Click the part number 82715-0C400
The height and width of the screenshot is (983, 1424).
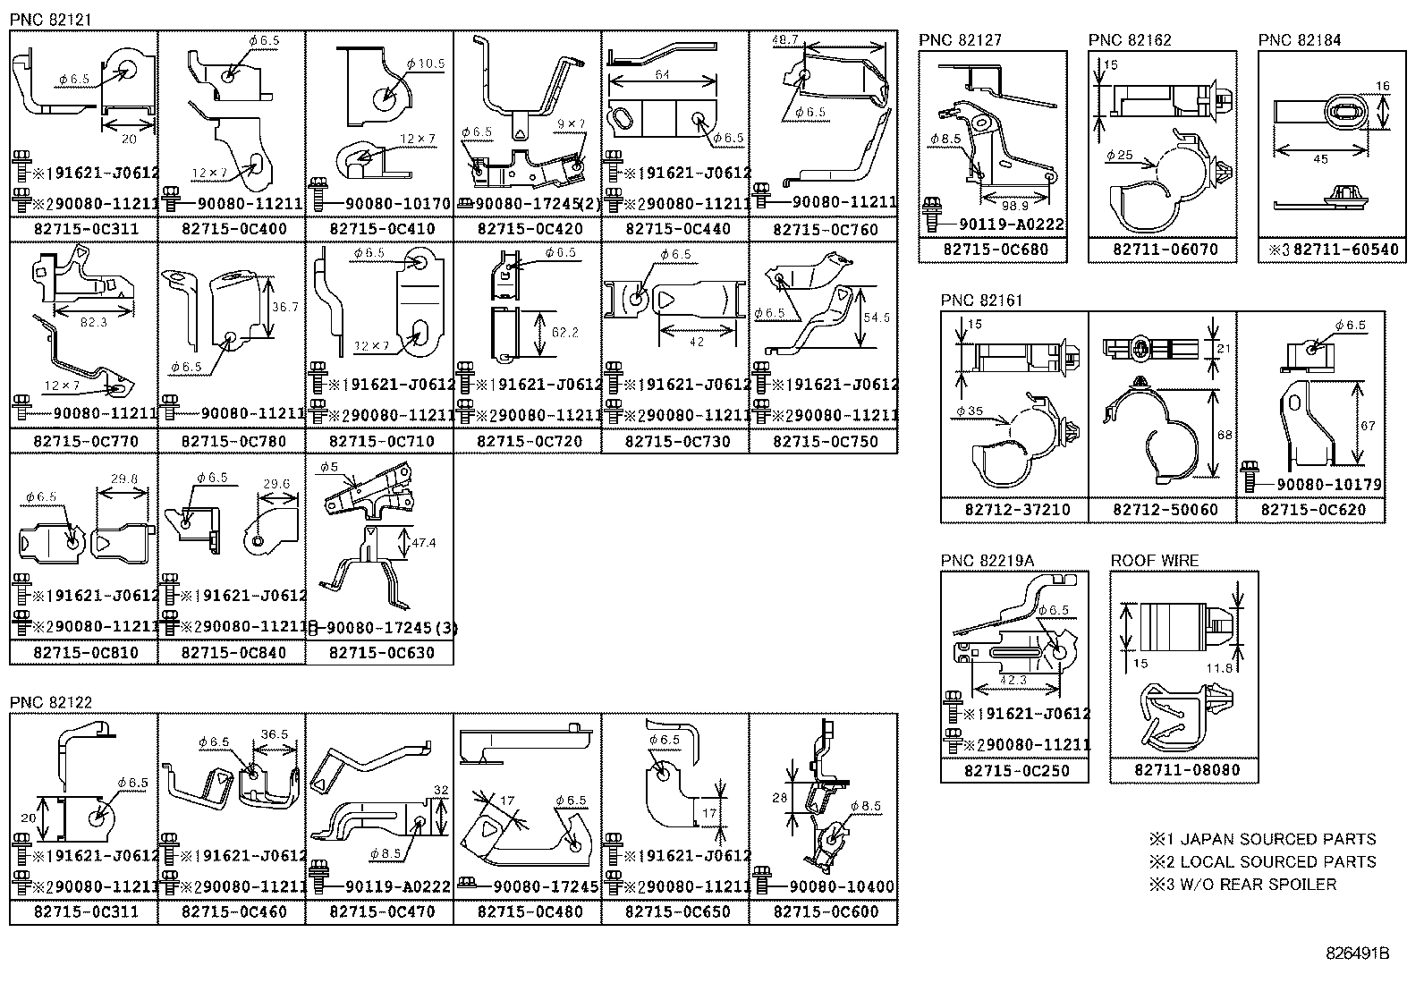pos(233,229)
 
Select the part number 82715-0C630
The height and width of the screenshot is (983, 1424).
pos(381,653)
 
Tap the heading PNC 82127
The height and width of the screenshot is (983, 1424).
pos(960,40)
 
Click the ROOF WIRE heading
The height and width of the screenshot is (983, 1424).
pos(1154,561)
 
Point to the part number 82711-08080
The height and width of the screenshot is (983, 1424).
pos(1186,770)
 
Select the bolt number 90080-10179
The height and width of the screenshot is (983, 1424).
pos(1328,485)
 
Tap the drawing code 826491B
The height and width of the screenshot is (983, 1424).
pos(1357,953)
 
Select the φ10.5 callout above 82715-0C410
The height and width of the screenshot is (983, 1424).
pos(425,64)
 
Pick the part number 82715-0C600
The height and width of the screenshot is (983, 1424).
pos(825,912)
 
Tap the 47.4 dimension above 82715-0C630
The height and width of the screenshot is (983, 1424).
pos(424,542)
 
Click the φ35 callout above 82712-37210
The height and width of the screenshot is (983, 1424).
pos(970,411)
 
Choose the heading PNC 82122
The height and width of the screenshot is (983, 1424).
pos(51,702)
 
